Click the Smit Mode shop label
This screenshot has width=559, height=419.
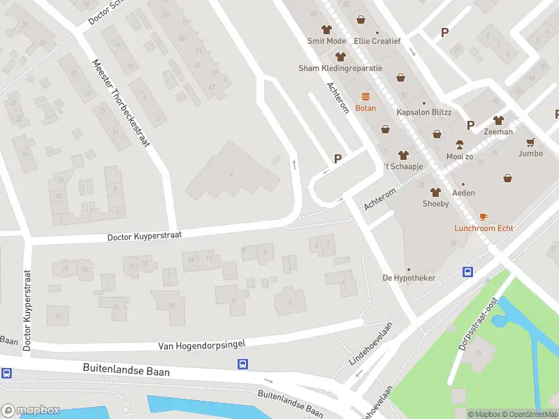(x=326, y=41)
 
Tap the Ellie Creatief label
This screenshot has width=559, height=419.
(x=377, y=41)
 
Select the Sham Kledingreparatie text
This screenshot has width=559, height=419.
(x=340, y=68)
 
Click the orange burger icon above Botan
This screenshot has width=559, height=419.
(x=365, y=96)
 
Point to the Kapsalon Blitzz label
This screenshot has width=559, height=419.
(x=424, y=112)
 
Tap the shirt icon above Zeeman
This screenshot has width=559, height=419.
(x=498, y=120)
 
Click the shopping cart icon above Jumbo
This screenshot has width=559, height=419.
(x=530, y=142)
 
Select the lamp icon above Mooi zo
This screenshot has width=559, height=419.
(x=460, y=145)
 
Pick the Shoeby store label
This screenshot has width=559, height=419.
(x=435, y=204)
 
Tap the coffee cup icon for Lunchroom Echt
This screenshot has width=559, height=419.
(x=483, y=216)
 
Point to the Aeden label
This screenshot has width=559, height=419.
(x=463, y=193)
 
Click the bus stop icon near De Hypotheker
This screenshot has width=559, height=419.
(x=467, y=272)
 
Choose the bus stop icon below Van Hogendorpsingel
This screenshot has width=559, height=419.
(x=242, y=364)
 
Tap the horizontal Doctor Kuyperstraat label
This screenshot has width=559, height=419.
(x=144, y=237)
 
